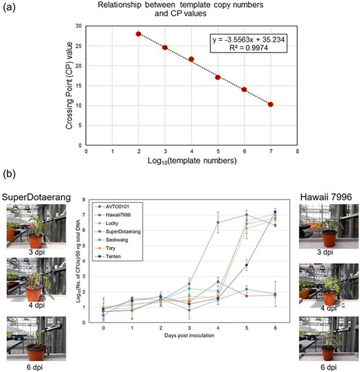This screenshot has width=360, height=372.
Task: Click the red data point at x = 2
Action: (x=138, y=34)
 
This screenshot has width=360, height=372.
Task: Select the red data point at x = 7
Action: (x=271, y=105)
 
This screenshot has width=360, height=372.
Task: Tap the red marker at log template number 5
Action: (x=218, y=77)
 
